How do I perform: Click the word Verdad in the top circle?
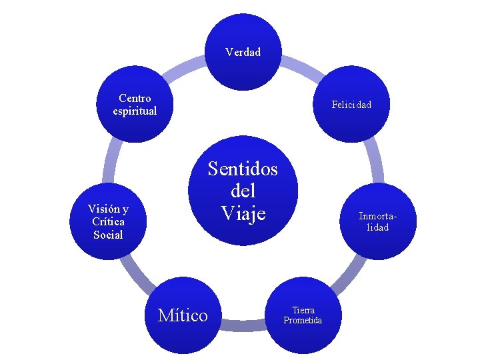(243, 52)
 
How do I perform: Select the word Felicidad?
(351, 105)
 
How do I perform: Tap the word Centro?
(135, 99)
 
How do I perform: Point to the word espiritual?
(135, 111)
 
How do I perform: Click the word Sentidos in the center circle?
(243, 169)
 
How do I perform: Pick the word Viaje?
(243, 213)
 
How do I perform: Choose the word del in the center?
(243, 191)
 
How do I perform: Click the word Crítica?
(108, 221)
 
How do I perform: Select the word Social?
(108, 235)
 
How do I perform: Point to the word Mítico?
(183, 315)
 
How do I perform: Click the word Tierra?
(303, 310)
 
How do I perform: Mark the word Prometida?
(303, 321)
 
